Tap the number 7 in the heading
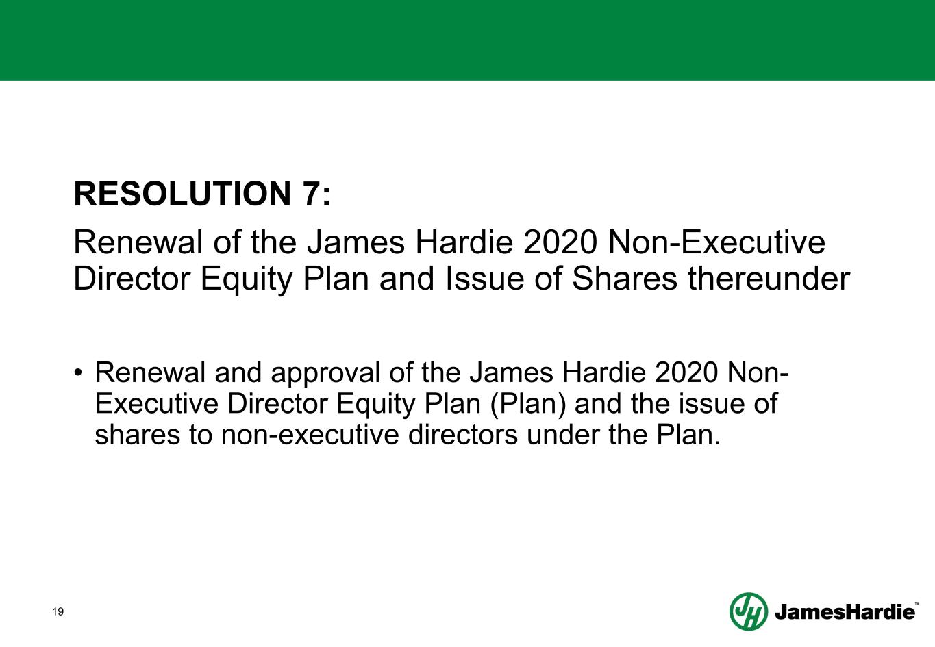click(312, 194)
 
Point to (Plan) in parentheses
click(527, 405)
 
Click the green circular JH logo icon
click(748, 611)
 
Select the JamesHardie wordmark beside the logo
click(845, 612)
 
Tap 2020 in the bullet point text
click(685, 373)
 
